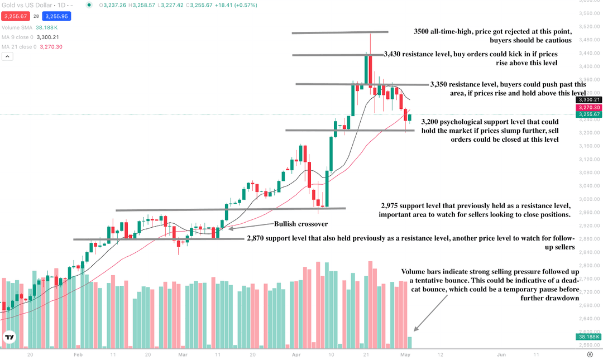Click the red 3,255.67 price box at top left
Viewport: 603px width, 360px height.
click(16, 17)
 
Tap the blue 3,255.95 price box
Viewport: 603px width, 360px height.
click(56, 17)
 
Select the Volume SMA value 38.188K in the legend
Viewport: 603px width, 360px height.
click(46, 28)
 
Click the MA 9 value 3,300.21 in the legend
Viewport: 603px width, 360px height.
click(47, 37)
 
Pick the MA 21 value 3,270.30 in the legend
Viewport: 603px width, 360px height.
click(51, 47)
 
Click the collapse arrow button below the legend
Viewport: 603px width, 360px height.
click(7, 56)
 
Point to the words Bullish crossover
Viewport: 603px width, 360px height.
click(301, 224)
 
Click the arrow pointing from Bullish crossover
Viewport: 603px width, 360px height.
click(250, 226)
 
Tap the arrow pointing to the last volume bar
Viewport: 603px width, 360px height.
click(430, 313)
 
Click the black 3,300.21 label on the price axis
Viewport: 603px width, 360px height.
click(588, 99)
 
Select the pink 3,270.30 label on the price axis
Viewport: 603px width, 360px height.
click(588, 108)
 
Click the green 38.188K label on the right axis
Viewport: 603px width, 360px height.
click(588, 337)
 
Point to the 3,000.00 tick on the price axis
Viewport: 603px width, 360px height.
click(589, 199)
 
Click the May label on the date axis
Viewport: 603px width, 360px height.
click(405, 354)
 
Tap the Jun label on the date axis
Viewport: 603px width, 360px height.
click(501, 354)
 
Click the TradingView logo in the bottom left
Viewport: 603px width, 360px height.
click(9, 337)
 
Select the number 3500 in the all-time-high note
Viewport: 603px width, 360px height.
click(421, 32)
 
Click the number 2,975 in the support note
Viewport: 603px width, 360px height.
click(389, 206)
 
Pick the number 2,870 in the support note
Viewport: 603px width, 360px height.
click(255, 238)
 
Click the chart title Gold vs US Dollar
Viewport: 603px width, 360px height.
click(27, 6)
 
